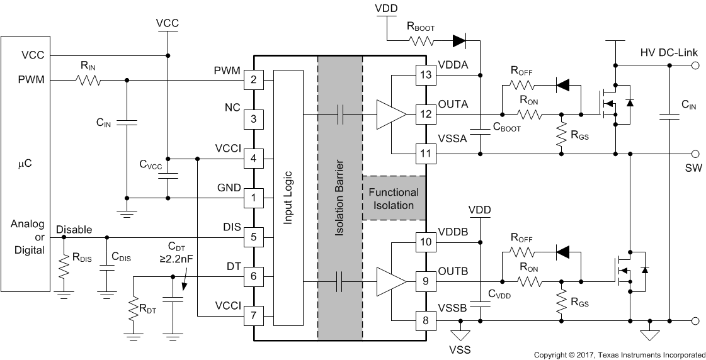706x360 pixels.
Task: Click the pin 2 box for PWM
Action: (254, 80)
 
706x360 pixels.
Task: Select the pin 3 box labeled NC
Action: (254, 118)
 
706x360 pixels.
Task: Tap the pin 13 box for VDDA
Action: (426, 76)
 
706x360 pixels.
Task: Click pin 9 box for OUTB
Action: (426, 281)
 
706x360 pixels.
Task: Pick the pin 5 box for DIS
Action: (254, 237)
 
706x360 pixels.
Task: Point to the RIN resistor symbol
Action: (89, 80)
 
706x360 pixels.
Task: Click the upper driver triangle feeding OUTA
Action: (390, 114)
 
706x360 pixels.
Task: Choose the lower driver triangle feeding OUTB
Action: (390, 281)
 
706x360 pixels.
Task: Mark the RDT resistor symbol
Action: (133, 309)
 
